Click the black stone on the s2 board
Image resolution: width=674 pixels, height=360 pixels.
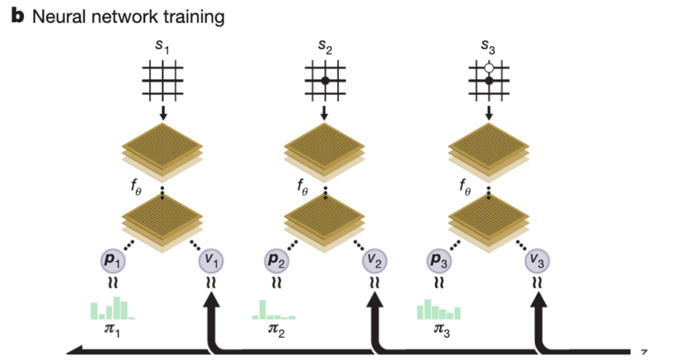(x=325, y=81)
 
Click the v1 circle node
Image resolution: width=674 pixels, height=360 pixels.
(x=212, y=262)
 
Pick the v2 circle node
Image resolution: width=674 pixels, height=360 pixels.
(x=375, y=262)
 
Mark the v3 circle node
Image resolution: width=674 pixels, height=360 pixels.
(x=538, y=262)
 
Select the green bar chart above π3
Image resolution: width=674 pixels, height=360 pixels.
(x=438, y=311)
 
